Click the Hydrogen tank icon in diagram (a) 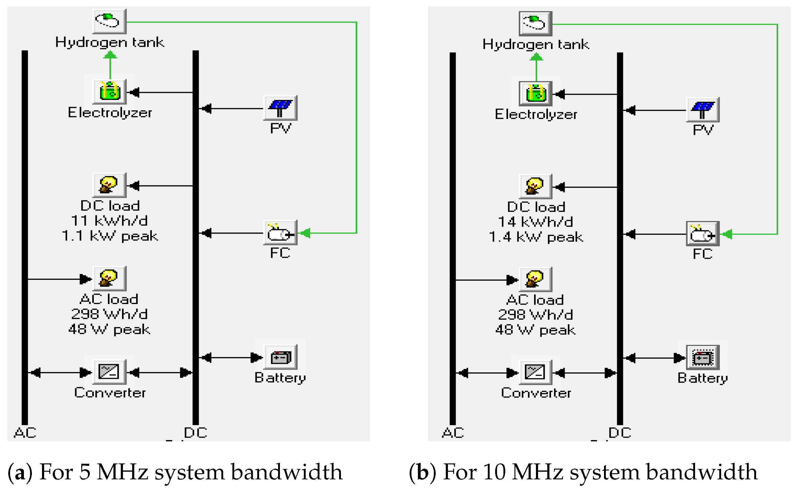coord(109,21)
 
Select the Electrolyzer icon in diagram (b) coord(536,93)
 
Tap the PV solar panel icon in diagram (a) coord(280,108)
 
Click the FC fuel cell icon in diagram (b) coord(703,234)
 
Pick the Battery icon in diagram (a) coord(280,357)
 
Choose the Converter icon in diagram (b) coord(536,372)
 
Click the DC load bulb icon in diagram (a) coord(109,185)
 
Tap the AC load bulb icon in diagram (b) coord(536,280)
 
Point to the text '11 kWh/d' coord(109,221)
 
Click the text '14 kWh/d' coord(536,222)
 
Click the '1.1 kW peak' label coord(110,236)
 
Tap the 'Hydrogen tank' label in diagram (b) coord(536,44)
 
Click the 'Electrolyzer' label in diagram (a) coord(110,113)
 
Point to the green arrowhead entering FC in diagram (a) coord(305,233)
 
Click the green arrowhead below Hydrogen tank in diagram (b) coord(536,57)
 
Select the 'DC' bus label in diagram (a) coord(196,433)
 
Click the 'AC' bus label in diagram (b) coord(453,433)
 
